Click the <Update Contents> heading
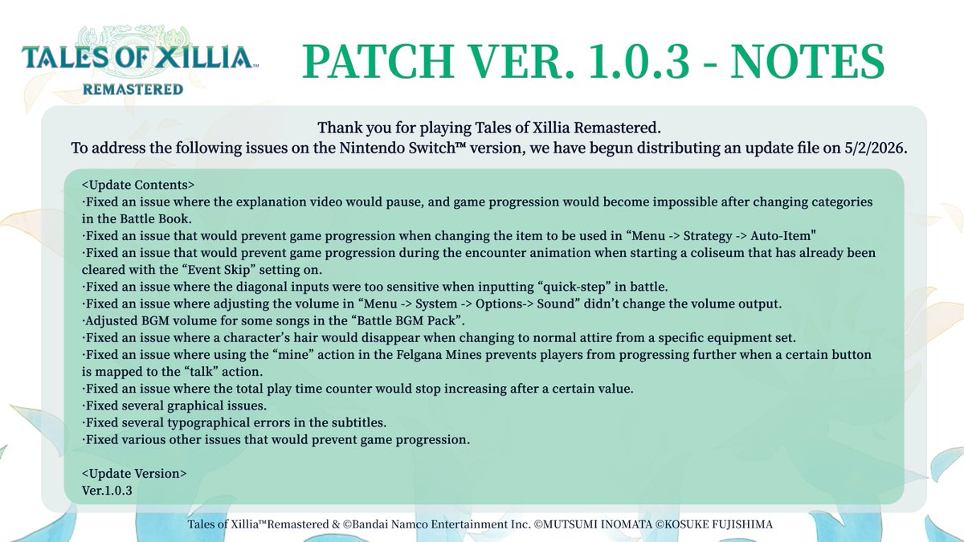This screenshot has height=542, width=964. (137, 185)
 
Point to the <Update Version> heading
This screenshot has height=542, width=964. (134, 473)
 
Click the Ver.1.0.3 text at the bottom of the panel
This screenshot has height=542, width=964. (107, 489)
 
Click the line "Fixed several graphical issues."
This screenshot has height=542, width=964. (177, 405)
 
